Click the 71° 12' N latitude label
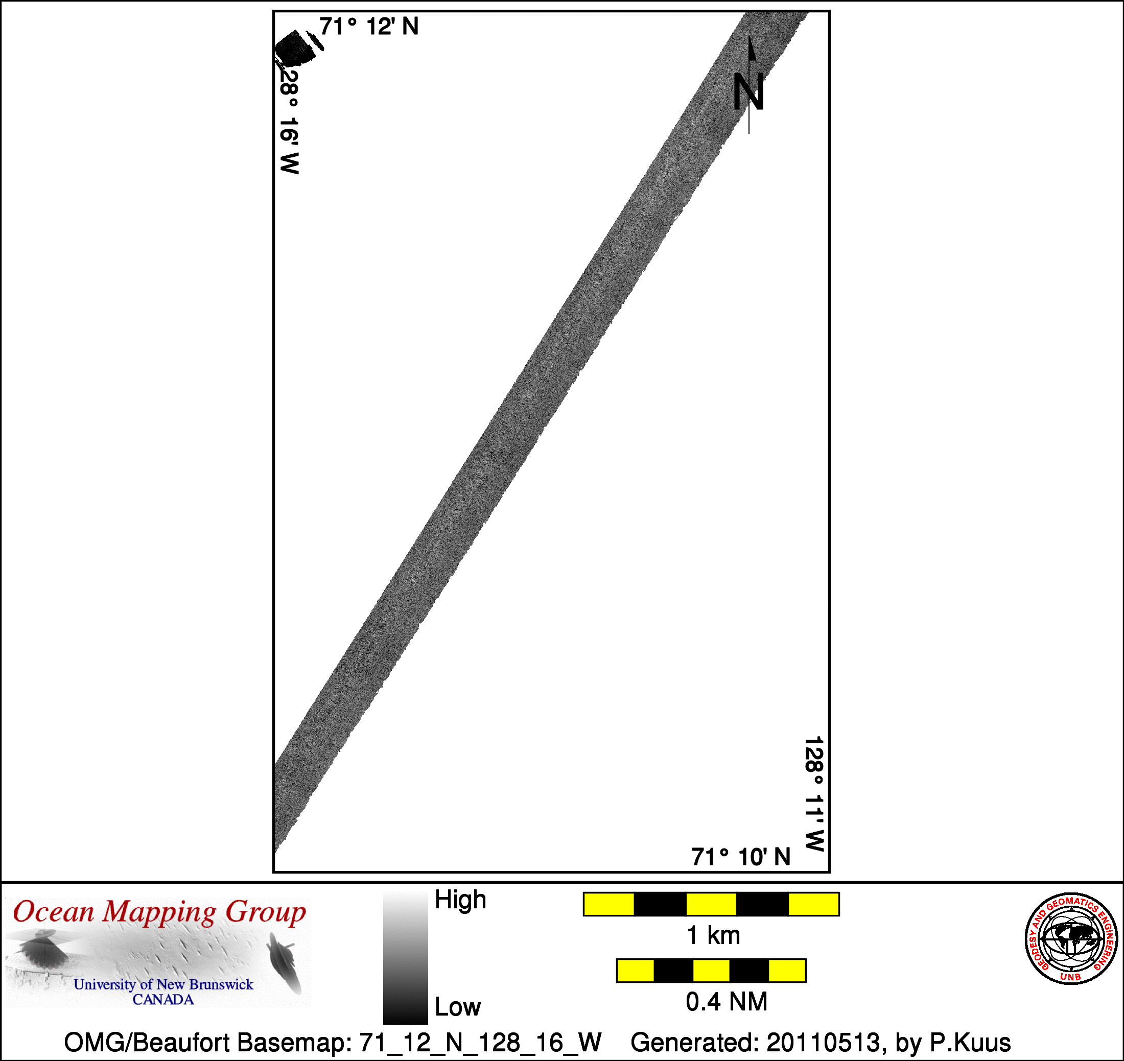(369, 27)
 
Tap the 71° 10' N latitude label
(740, 857)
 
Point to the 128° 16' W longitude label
(289, 120)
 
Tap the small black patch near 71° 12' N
(296, 48)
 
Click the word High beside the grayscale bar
(460, 900)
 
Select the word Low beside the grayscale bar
(458, 1007)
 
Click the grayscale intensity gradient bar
(405, 957)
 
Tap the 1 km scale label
(713, 935)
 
